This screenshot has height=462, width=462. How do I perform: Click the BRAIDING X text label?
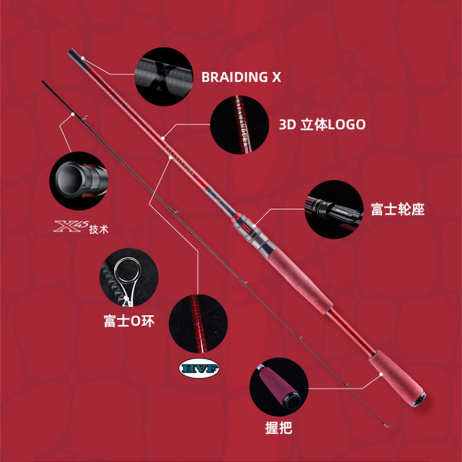[241, 77]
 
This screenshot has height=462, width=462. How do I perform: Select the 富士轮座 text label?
[397, 209]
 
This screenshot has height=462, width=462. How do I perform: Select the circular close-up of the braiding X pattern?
[163, 77]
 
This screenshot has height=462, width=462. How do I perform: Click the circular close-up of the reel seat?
[334, 209]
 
